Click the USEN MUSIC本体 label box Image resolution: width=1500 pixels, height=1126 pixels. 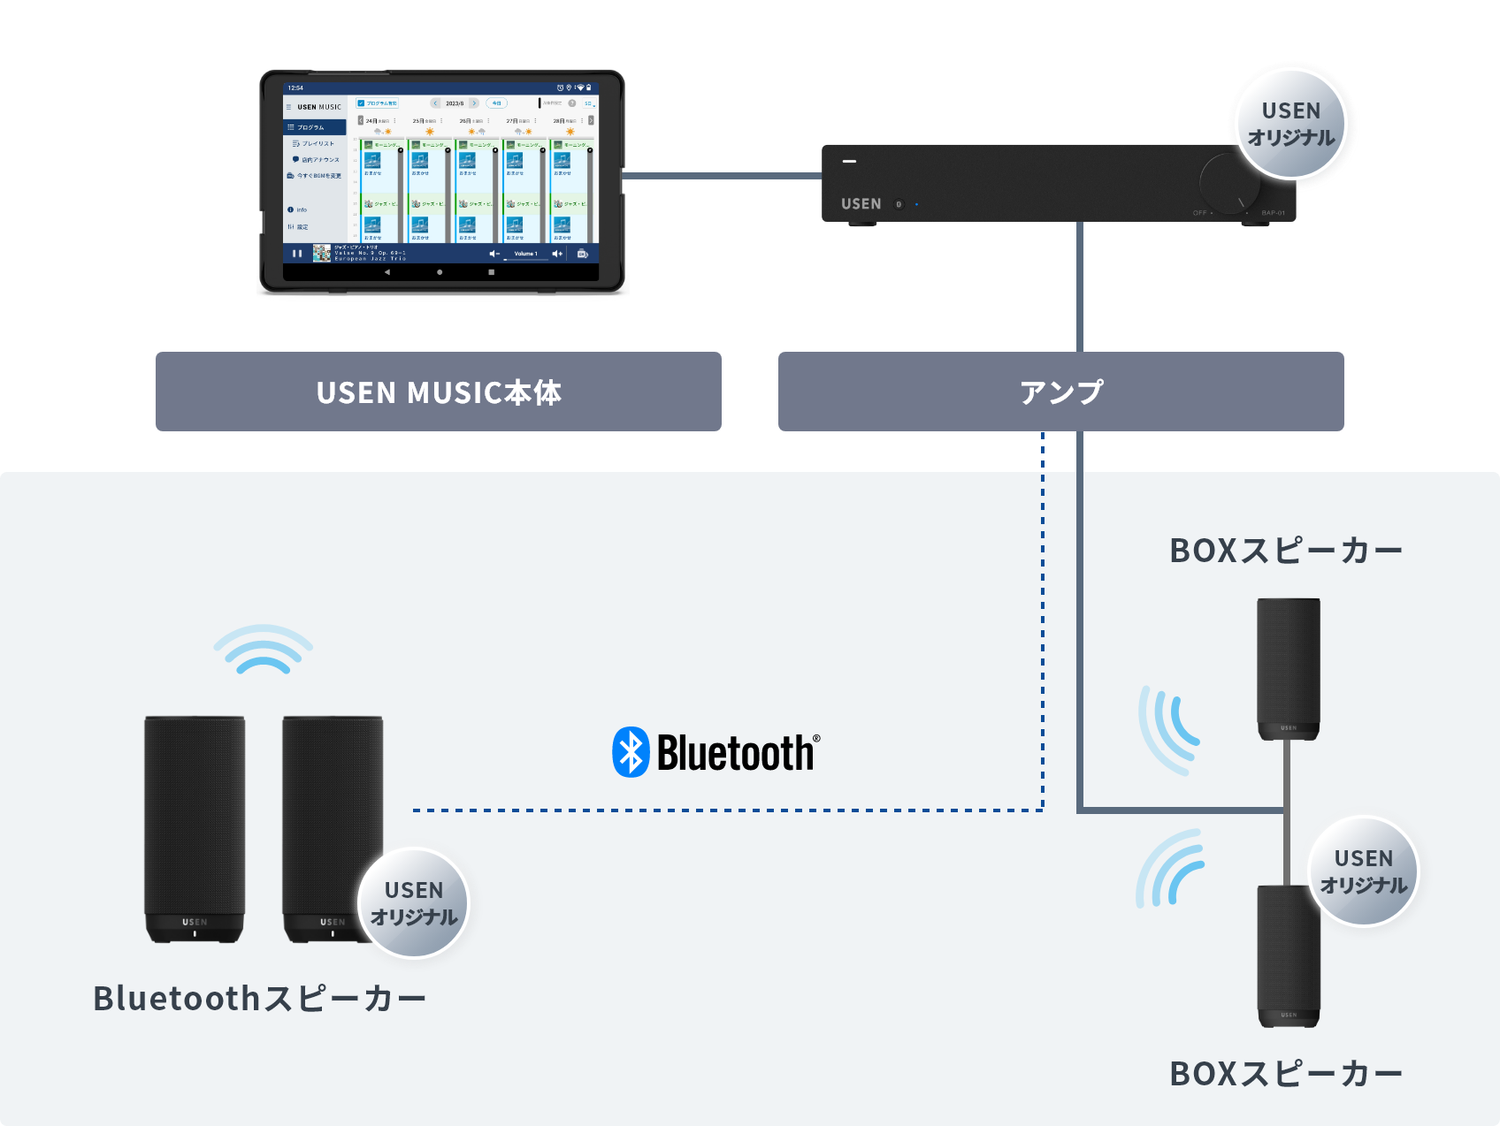pyautogui.click(x=439, y=392)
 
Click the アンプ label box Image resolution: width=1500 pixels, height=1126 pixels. pyautogui.click(x=1060, y=392)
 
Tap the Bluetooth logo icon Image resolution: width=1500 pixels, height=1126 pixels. pyautogui.click(x=631, y=752)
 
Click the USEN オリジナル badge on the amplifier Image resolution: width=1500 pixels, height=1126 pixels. pyautogui.click(x=1290, y=124)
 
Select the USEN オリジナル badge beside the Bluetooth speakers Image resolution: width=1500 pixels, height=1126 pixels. pyautogui.click(x=413, y=903)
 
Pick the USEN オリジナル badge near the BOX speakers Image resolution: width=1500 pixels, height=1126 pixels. pyautogui.click(x=1363, y=871)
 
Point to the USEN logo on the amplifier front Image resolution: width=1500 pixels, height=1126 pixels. pyautogui.click(x=861, y=204)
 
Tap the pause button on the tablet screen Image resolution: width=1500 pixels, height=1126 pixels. pyautogui.click(x=297, y=254)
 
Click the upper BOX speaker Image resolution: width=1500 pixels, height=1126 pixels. pyautogui.click(x=1289, y=667)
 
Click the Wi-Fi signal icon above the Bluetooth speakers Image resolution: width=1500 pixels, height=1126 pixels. pyautogui.click(x=264, y=650)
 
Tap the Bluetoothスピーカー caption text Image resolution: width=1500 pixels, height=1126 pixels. pyautogui.click(x=260, y=999)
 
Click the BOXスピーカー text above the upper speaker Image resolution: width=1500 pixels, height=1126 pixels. pyautogui.click(x=1286, y=551)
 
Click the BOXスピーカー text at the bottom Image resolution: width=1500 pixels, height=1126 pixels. pyautogui.click(x=1286, y=1074)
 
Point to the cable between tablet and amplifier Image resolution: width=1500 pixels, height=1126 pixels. pyautogui.click(x=721, y=176)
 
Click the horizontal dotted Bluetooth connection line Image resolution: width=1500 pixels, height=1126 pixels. pyautogui.click(x=725, y=810)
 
